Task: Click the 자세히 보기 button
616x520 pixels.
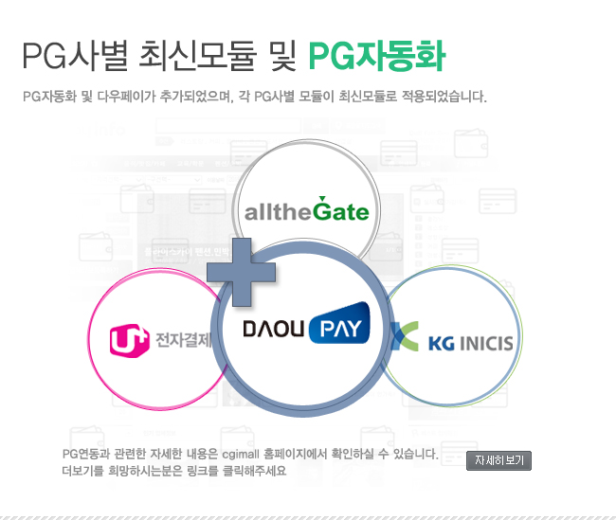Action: pos(498,460)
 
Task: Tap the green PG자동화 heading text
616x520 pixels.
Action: pos(377,56)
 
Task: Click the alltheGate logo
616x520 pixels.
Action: pos(307,209)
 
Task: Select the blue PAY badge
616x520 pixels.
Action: pos(340,323)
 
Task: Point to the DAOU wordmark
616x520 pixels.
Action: pos(274,329)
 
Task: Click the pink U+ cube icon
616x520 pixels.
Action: pos(129,340)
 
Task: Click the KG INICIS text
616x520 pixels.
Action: pos(471,343)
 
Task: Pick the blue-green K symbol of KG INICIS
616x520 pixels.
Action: pos(405,336)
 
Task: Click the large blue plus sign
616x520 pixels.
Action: pos(242,272)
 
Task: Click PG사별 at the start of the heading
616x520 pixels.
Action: pos(75,56)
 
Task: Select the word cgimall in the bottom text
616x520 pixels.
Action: pos(241,455)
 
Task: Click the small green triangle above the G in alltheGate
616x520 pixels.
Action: pos(322,198)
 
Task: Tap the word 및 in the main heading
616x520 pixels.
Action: pos(282,56)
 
